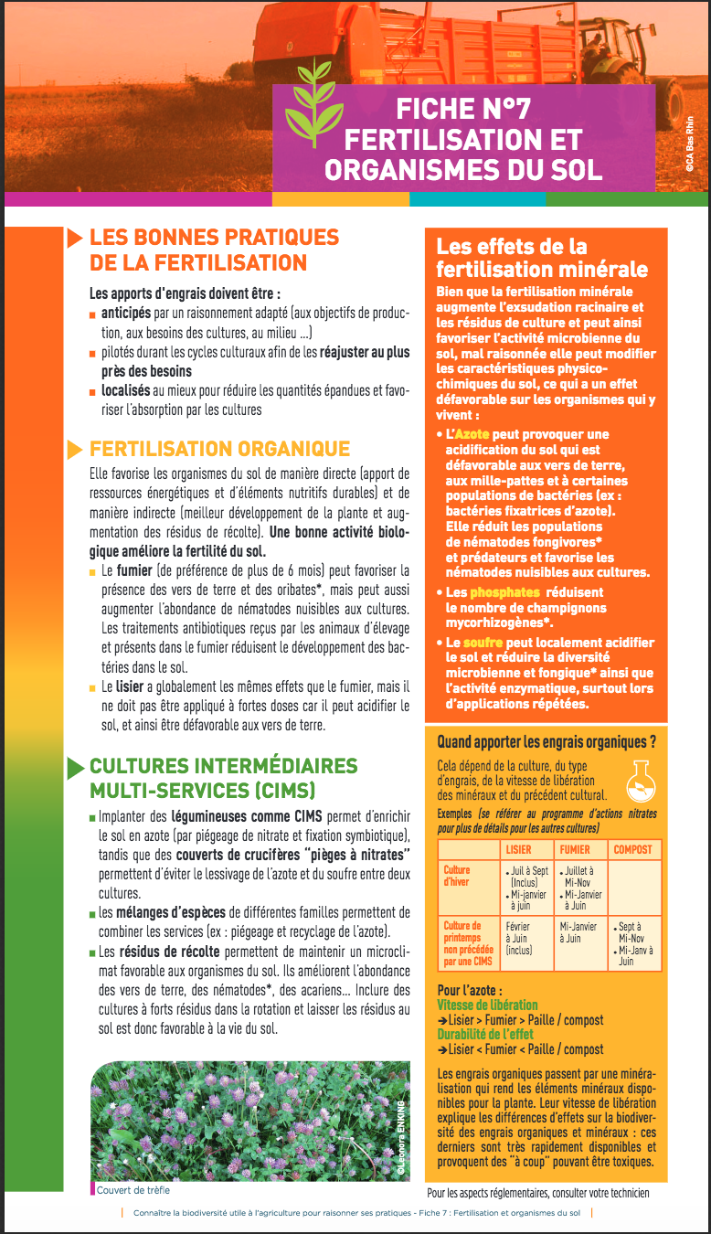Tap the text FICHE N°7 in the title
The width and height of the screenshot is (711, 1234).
point(462,110)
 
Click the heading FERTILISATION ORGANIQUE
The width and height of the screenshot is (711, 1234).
point(219,449)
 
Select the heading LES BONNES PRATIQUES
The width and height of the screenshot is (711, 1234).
point(214,238)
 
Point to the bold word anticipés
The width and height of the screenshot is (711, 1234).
point(126,314)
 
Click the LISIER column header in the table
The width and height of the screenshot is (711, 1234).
point(518,849)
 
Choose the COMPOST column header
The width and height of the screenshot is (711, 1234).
point(632,849)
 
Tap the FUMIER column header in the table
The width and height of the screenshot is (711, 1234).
point(575,849)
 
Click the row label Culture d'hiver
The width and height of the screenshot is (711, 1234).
point(457,877)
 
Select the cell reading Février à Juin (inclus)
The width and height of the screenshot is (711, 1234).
point(520,938)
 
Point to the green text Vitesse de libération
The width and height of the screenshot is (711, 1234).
point(487,1005)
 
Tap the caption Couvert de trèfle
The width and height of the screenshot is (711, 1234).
point(133,1190)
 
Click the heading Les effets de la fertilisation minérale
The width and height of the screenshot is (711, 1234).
point(542,258)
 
